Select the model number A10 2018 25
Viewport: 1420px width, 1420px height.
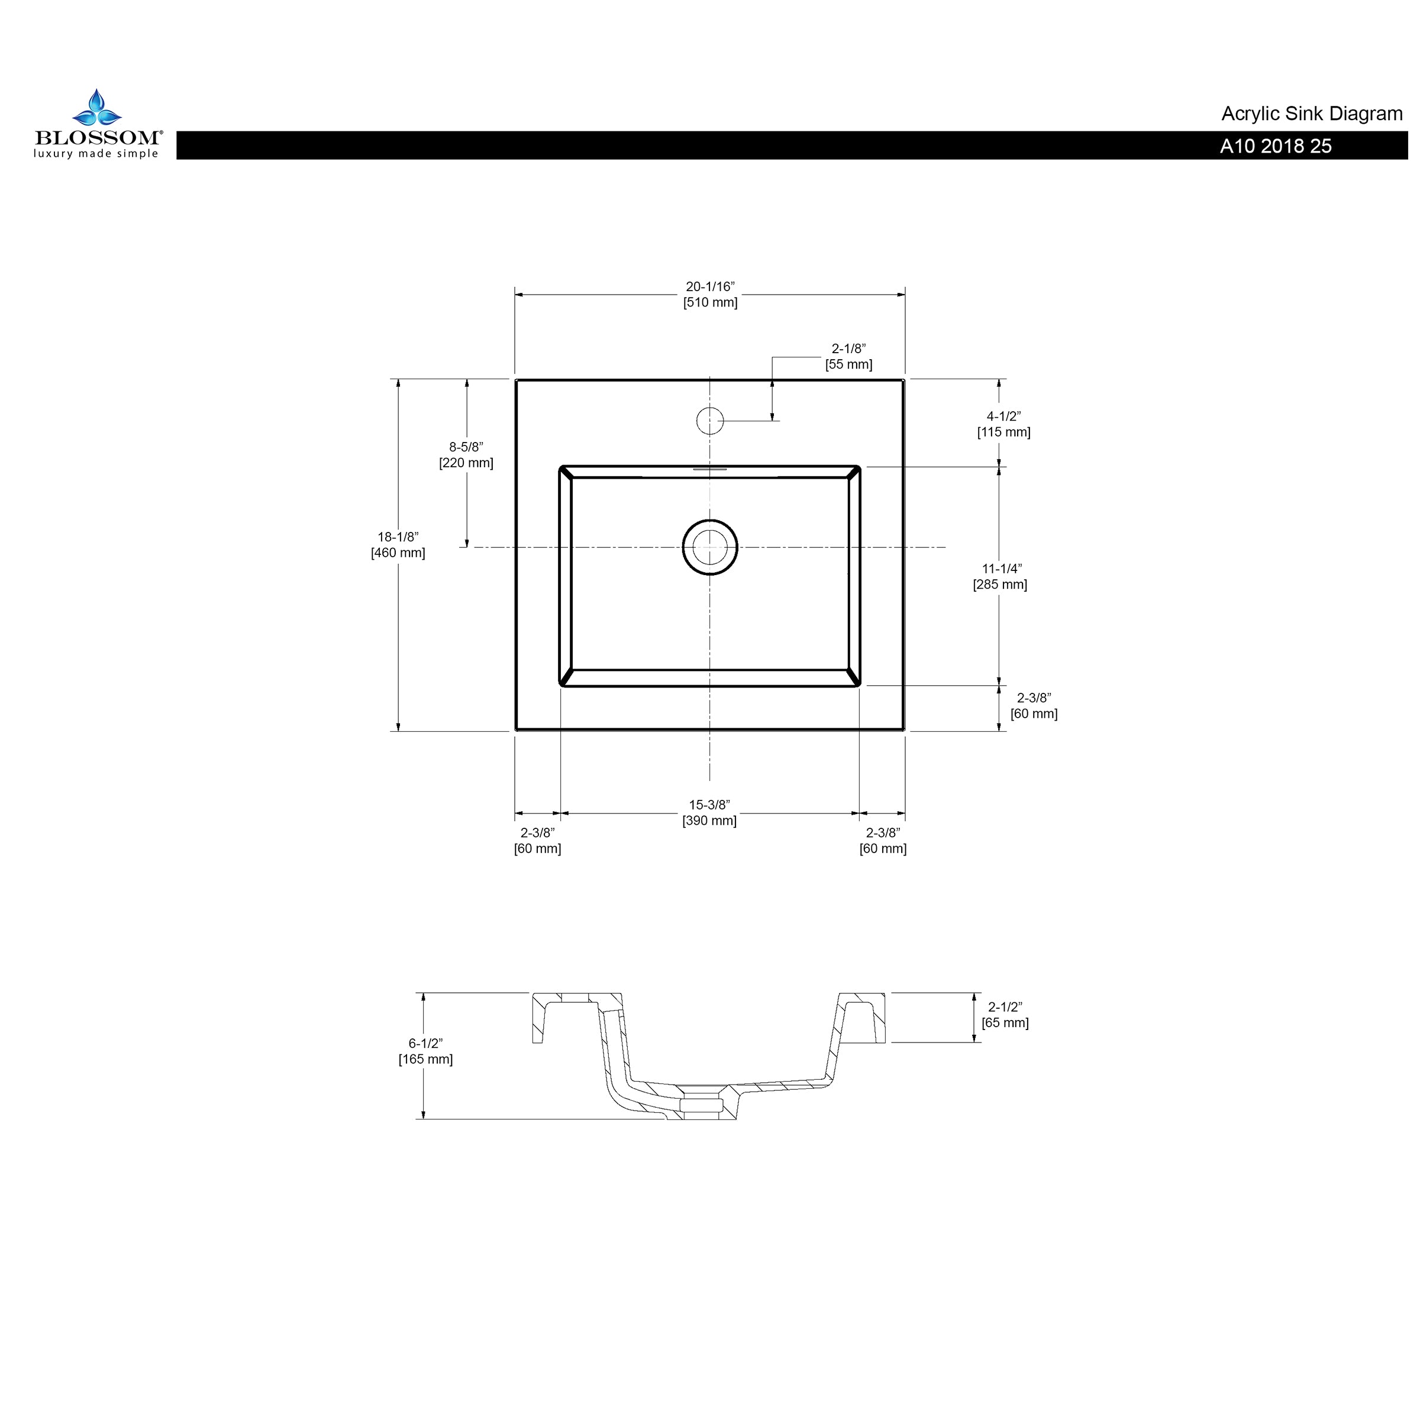1276,146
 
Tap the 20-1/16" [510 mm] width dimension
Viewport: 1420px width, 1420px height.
710,295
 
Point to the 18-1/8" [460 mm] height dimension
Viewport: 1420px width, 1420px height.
398,544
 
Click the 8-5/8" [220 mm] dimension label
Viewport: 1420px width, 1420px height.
466,455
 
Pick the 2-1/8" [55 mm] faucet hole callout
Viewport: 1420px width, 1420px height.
849,356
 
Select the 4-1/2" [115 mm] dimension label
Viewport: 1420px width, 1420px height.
1003,424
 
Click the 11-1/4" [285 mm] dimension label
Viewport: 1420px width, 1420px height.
1001,576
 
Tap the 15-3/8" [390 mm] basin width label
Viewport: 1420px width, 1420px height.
709,813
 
